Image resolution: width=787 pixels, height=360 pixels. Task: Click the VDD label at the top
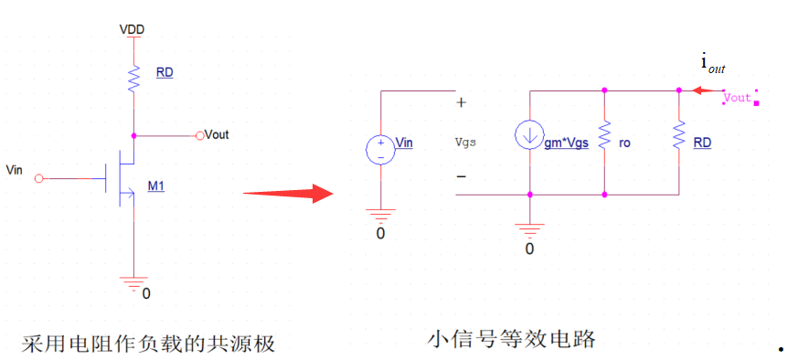coord(133,30)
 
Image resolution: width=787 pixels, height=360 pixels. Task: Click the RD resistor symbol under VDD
coord(133,80)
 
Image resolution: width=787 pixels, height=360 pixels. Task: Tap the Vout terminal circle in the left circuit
coord(200,135)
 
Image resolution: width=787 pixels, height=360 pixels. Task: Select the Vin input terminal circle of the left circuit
coord(38,179)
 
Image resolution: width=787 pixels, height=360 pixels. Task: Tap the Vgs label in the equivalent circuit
coord(465,143)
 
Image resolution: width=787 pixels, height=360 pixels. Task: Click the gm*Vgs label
coord(566,143)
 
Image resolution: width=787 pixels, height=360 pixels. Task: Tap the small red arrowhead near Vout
coord(698,90)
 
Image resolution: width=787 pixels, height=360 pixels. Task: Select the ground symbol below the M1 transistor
coord(133,281)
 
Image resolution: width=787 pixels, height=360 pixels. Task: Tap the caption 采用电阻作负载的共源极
coord(148,344)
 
